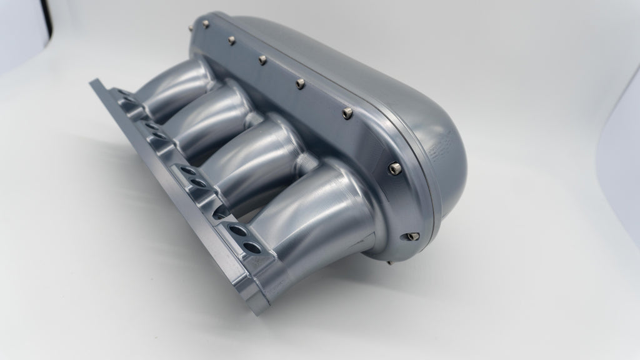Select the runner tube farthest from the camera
169,87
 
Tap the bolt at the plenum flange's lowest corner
412,236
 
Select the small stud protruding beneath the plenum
391,262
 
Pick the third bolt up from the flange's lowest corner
347,112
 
